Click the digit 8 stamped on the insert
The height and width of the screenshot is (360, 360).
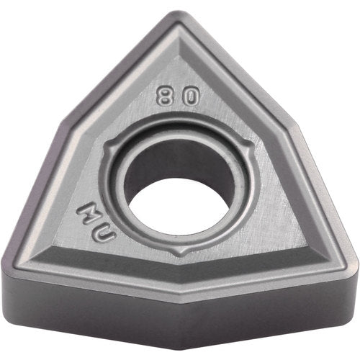166,96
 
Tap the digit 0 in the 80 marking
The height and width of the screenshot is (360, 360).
186,96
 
